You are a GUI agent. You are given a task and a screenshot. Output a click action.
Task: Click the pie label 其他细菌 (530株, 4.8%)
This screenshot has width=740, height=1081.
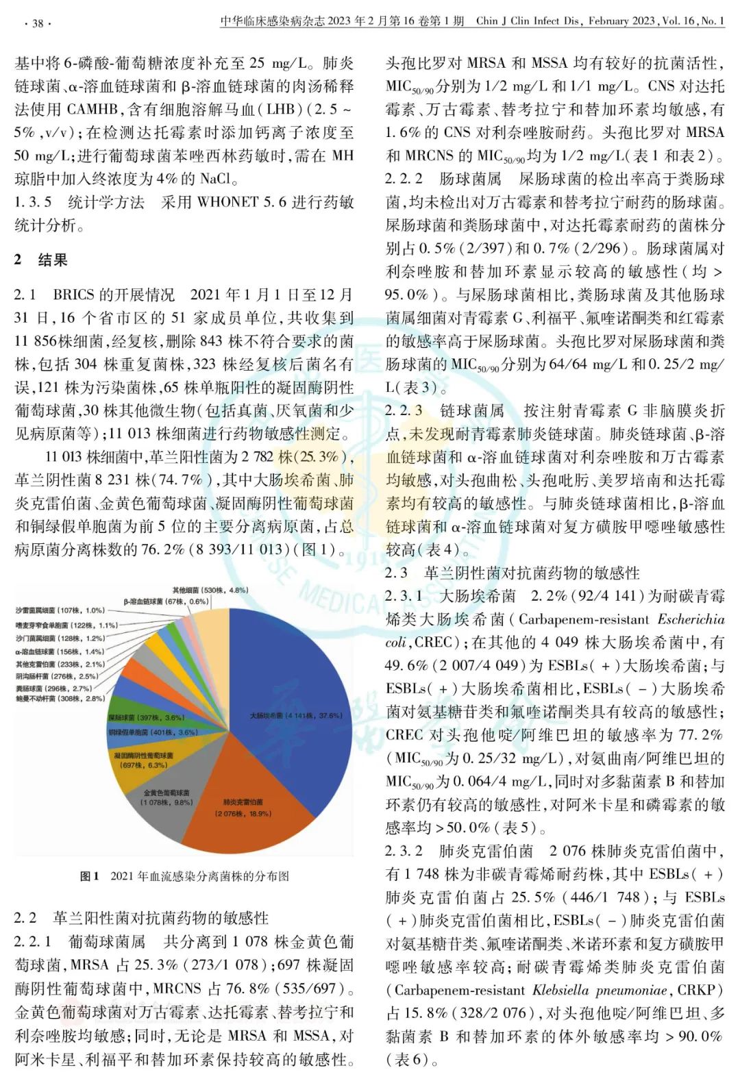point(210,590)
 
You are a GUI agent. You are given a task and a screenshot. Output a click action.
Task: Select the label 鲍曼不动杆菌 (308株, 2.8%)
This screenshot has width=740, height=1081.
point(60,699)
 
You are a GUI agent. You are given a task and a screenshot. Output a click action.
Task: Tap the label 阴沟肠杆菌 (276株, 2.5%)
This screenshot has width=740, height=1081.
point(57,676)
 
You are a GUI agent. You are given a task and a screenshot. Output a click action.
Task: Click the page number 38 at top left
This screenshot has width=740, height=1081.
point(37,23)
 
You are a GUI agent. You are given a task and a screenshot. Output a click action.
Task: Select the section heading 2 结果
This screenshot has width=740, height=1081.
point(41,260)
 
